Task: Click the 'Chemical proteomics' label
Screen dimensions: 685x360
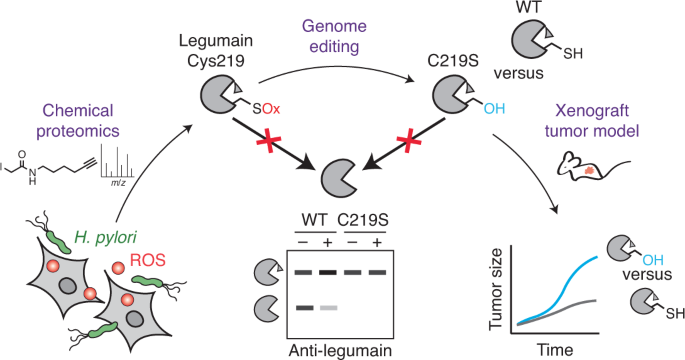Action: coord(78,121)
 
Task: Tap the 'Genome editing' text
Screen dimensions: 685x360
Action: coord(334,36)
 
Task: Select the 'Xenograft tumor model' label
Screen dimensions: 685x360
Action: coord(592,121)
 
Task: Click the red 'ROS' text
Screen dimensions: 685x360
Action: coord(148,260)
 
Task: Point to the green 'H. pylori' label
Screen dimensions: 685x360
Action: coord(105,237)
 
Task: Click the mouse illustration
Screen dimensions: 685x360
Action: coord(592,165)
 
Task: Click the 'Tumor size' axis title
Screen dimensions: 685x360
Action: coord(496,289)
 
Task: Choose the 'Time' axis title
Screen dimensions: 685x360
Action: coord(555,350)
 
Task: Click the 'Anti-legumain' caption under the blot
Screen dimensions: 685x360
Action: coord(340,350)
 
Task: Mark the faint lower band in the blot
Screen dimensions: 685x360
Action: coord(329,308)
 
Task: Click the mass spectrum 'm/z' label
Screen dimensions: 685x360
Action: coord(118,183)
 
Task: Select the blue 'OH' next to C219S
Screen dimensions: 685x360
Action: coord(494,108)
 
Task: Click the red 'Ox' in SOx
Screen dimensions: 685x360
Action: coord(271,108)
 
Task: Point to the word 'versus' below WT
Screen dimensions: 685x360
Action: coord(519,73)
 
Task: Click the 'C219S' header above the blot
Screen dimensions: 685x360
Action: coord(363,220)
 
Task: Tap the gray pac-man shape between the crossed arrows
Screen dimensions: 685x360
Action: coord(339,177)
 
